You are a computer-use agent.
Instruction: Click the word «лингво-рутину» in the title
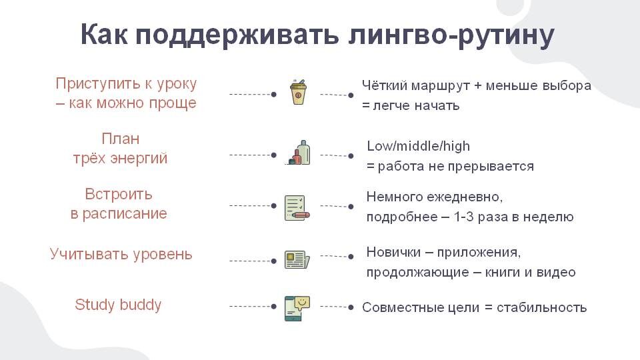point(452,35)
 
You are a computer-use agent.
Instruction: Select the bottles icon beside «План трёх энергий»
point(298,153)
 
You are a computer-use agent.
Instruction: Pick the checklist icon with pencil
point(297,207)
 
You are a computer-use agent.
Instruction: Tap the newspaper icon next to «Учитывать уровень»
point(297,259)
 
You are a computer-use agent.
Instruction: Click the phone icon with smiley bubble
point(297,308)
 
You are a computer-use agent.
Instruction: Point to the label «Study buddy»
point(118,305)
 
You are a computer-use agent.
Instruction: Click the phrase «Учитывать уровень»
point(121,254)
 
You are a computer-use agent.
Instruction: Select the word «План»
point(121,139)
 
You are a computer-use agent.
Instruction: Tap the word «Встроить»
point(119,194)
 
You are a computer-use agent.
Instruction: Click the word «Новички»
point(393,253)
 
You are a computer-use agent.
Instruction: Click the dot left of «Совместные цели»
point(351,307)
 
